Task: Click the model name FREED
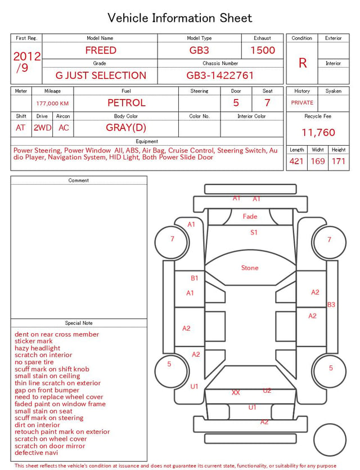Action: [x=101, y=50]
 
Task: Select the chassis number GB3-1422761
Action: [x=220, y=75]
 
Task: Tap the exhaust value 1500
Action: [x=263, y=50]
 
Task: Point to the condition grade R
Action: [x=303, y=63]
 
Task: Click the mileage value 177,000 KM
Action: [x=52, y=104]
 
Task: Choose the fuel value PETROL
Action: [x=127, y=103]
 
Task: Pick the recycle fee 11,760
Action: [x=318, y=132]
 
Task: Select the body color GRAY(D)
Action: [x=126, y=128]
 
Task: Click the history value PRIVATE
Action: [x=302, y=102]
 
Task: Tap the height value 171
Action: [x=339, y=161]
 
